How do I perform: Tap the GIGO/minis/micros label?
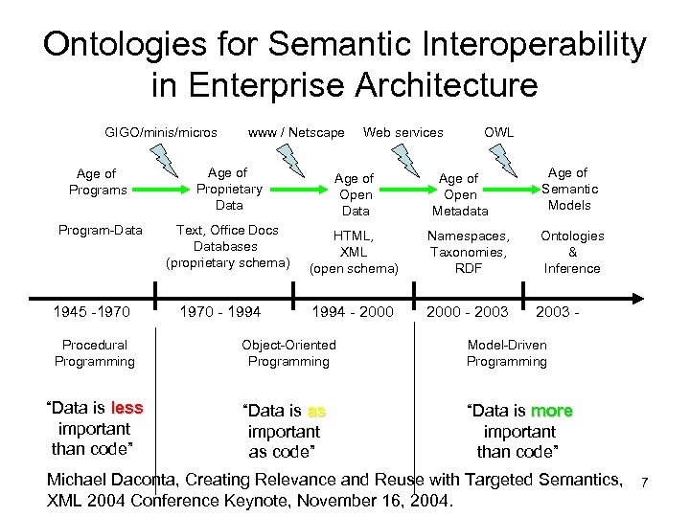(161, 132)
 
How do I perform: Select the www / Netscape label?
(296, 132)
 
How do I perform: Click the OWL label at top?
(498, 132)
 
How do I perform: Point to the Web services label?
(402, 132)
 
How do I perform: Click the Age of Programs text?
(98, 182)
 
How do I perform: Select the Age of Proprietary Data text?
(229, 189)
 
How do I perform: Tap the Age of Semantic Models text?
(568, 189)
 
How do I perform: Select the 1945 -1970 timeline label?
(93, 312)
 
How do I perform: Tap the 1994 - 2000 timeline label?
(353, 312)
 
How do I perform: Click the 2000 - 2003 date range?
(467, 312)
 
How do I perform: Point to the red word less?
(126, 408)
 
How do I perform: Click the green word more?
(551, 411)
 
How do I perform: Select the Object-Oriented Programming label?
(288, 353)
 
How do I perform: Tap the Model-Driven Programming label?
(507, 353)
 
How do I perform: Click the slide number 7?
(645, 482)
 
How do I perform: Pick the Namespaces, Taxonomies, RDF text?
(469, 252)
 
